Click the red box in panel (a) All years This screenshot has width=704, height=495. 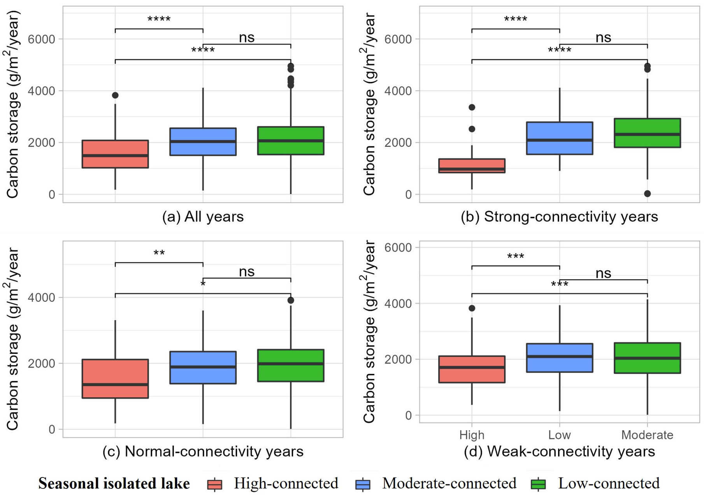tap(115, 154)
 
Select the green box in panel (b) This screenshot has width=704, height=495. tap(647, 133)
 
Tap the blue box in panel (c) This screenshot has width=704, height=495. tap(203, 368)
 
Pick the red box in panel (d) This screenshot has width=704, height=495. tap(472, 369)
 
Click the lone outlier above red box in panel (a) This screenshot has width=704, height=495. tap(115, 95)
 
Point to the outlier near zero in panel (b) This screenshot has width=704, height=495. tap(647, 194)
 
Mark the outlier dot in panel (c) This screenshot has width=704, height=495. tap(291, 300)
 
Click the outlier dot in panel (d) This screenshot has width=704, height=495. tap(472, 308)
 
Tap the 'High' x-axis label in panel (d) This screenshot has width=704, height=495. tap(472, 435)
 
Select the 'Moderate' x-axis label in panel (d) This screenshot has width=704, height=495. tap(647, 435)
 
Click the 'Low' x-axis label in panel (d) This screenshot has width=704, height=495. tap(559, 435)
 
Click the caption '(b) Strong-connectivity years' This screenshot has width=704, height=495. tap(559, 217)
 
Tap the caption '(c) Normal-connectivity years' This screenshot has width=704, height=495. tap(203, 451)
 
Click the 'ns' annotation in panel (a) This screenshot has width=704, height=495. tap(247, 38)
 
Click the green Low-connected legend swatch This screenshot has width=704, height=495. tap(538, 484)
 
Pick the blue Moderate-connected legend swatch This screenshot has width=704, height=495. tap(363, 484)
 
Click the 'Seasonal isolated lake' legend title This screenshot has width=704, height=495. tap(114, 484)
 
